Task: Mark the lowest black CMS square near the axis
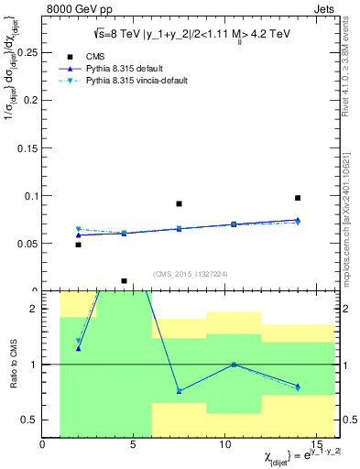click(124, 281)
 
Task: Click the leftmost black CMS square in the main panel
click(78, 245)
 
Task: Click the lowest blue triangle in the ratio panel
click(179, 391)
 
